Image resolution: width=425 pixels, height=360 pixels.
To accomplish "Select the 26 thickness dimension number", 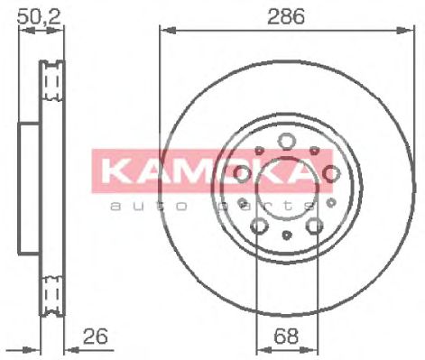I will pyautogui.click(x=94, y=336).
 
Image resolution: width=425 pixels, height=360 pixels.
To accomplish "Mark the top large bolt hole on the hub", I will pyautogui.click(x=285, y=140).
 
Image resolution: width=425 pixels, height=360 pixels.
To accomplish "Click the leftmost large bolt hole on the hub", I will pyautogui.click(x=241, y=173).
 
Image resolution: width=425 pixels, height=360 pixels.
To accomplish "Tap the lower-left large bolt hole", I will pyautogui.click(x=258, y=226).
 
